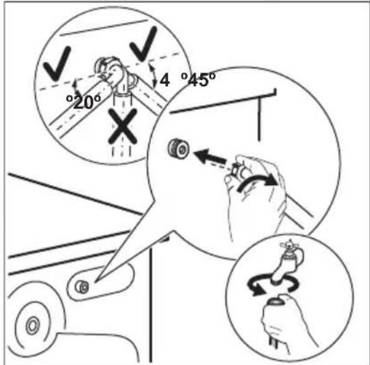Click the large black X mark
coord(123,126)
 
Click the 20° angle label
coord(84,102)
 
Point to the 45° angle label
coord(198,79)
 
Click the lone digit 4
coord(164,79)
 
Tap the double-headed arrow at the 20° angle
coord(76,86)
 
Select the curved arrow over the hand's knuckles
coord(257,180)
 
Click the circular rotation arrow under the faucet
coord(272,284)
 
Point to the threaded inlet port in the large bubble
coord(179,148)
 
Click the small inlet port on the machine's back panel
coord(82,287)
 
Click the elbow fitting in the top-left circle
coord(115,73)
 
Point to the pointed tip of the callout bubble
coord(96,281)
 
